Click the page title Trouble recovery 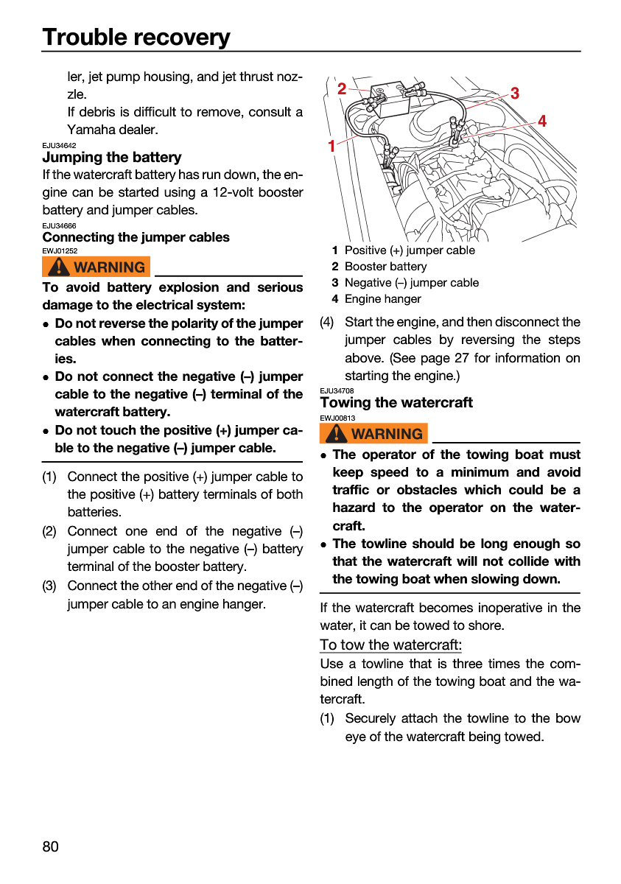coord(136,37)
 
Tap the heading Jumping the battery coord(112,158)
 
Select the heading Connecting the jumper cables coord(136,237)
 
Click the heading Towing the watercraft coord(396,402)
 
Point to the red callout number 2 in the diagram coord(342,89)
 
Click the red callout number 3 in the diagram coord(514,94)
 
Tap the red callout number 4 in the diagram coord(542,121)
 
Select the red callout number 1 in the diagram coord(331,146)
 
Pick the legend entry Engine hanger coord(383,299)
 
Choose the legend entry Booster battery coord(385,267)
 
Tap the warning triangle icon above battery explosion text coord(59,267)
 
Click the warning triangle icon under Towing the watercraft coord(336,433)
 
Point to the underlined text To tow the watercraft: coord(390,645)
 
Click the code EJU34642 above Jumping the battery coord(59,146)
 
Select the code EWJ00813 coord(337,418)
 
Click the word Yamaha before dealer coord(90,130)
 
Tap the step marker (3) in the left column coord(49,586)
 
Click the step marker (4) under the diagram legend coord(327,322)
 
